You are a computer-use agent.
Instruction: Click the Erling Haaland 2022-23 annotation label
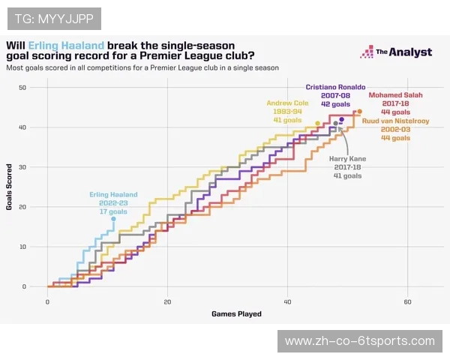110,202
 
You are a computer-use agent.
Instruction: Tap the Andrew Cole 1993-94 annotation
287,112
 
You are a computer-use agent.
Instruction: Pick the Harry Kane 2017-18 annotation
347,166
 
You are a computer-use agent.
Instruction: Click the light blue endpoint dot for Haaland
113,219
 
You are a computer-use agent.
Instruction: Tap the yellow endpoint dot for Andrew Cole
318,124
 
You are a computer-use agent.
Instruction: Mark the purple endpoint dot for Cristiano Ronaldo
342,119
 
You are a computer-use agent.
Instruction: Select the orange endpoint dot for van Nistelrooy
360,112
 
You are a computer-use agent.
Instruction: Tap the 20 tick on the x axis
167,301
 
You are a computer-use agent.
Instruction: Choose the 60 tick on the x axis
408,301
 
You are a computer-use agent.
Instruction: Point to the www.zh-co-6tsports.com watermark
361,341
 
